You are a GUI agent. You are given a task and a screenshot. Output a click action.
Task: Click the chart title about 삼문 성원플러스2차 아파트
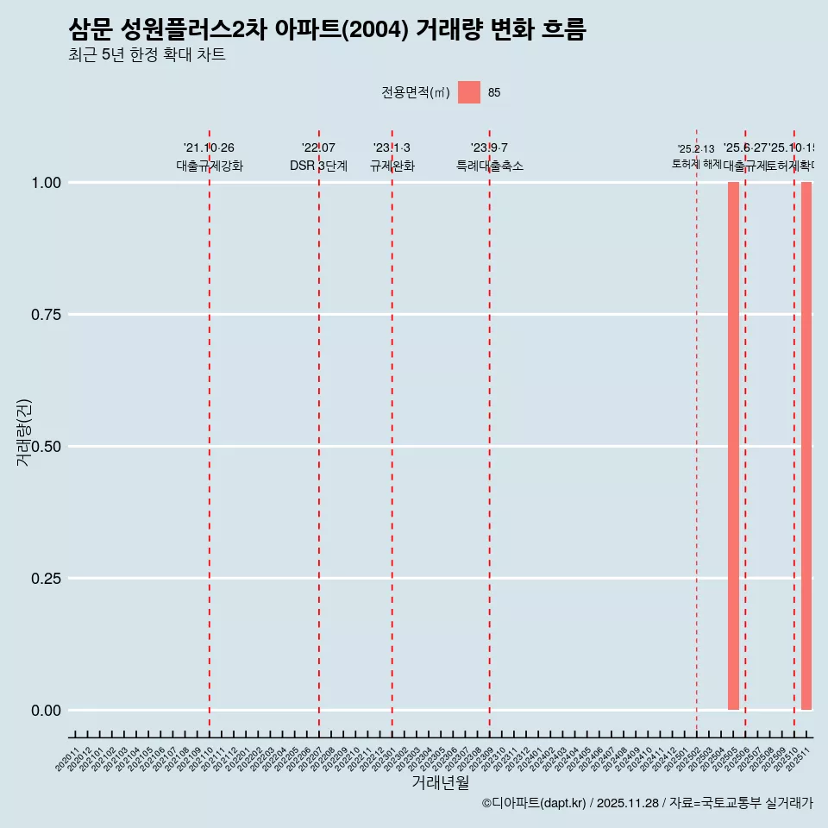[x=327, y=30]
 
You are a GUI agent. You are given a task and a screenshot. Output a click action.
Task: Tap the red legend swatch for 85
[x=468, y=92]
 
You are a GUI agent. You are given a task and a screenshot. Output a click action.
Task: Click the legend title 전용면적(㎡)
[x=416, y=93]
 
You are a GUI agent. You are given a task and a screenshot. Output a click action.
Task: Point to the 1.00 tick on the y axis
[x=46, y=183]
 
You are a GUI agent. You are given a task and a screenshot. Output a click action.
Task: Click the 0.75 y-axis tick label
[x=46, y=315]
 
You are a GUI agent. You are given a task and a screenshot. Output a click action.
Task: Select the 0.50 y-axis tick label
[x=46, y=447]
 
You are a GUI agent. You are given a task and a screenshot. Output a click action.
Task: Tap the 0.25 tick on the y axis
[x=46, y=579]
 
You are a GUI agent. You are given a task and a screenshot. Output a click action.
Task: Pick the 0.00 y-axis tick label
[x=46, y=711]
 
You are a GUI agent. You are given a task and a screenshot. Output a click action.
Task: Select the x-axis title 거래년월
[x=440, y=782]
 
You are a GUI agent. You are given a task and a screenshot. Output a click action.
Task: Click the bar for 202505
[x=733, y=446]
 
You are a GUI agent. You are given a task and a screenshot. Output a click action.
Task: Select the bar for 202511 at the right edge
[x=806, y=446]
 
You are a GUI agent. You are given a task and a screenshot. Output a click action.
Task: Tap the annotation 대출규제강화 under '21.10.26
[x=210, y=166]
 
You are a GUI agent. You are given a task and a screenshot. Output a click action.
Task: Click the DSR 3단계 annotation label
[x=318, y=166]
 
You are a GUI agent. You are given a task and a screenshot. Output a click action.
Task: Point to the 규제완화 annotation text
[x=392, y=166]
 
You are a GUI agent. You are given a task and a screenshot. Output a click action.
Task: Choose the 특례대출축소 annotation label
[x=490, y=166]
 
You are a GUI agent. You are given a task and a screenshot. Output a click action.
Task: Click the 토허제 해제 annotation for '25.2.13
[x=696, y=164]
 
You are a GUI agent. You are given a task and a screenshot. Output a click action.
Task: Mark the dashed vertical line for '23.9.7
[x=490, y=431]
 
